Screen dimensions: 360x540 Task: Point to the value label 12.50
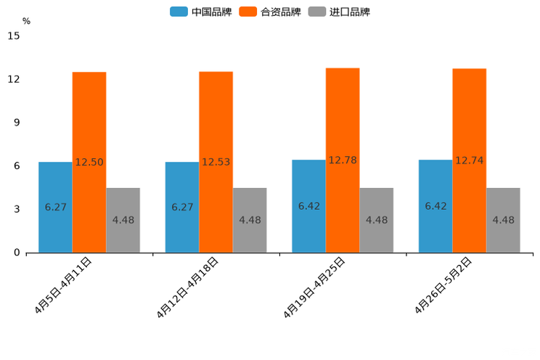89,163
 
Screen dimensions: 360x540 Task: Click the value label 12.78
343,160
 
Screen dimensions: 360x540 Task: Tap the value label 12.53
216,163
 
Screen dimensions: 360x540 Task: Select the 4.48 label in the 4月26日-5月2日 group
503,220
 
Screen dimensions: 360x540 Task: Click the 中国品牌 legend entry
201,12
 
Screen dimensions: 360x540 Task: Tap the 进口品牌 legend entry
340,12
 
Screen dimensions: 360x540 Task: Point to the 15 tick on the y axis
15,36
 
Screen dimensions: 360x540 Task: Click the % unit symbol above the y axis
26,21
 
